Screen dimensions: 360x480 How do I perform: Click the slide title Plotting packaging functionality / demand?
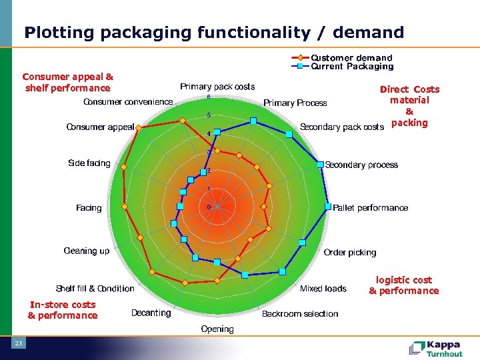click(x=214, y=32)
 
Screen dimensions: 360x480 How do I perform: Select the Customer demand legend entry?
click(x=351, y=58)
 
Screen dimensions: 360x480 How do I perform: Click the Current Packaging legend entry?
click(x=352, y=67)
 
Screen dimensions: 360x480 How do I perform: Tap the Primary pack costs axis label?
click(x=217, y=87)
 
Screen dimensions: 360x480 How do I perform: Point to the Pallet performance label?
click(x=370, y=208)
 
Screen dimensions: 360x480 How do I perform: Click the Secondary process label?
click(x=361, y=165)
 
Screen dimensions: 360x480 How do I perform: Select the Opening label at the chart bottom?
click(x=217, y=329)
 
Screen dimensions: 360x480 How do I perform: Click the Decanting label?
click(x=151, y=313)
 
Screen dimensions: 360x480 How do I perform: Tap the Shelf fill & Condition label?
click(x=95, y=289)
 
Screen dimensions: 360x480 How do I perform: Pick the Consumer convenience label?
click(x=128, y=102)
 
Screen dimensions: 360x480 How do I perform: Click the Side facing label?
click(x=89, y=163)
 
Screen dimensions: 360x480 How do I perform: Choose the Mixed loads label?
click(x=323, y=289)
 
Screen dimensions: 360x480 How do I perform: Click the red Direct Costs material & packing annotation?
click(x=409, y=106)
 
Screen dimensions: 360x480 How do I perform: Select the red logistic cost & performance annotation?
click(x=404, y=285)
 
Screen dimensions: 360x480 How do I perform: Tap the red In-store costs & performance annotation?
click(x=63, y=310)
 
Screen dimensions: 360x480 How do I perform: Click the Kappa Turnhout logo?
click(x=437, y=349)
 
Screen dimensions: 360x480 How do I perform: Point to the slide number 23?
click(x=19, y=343)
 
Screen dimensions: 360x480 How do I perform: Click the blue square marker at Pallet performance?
click(x=328, y=207)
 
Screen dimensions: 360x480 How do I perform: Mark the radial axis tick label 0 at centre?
click(x=209, y=207)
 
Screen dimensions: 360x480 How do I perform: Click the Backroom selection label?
click(x=300, y=313)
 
